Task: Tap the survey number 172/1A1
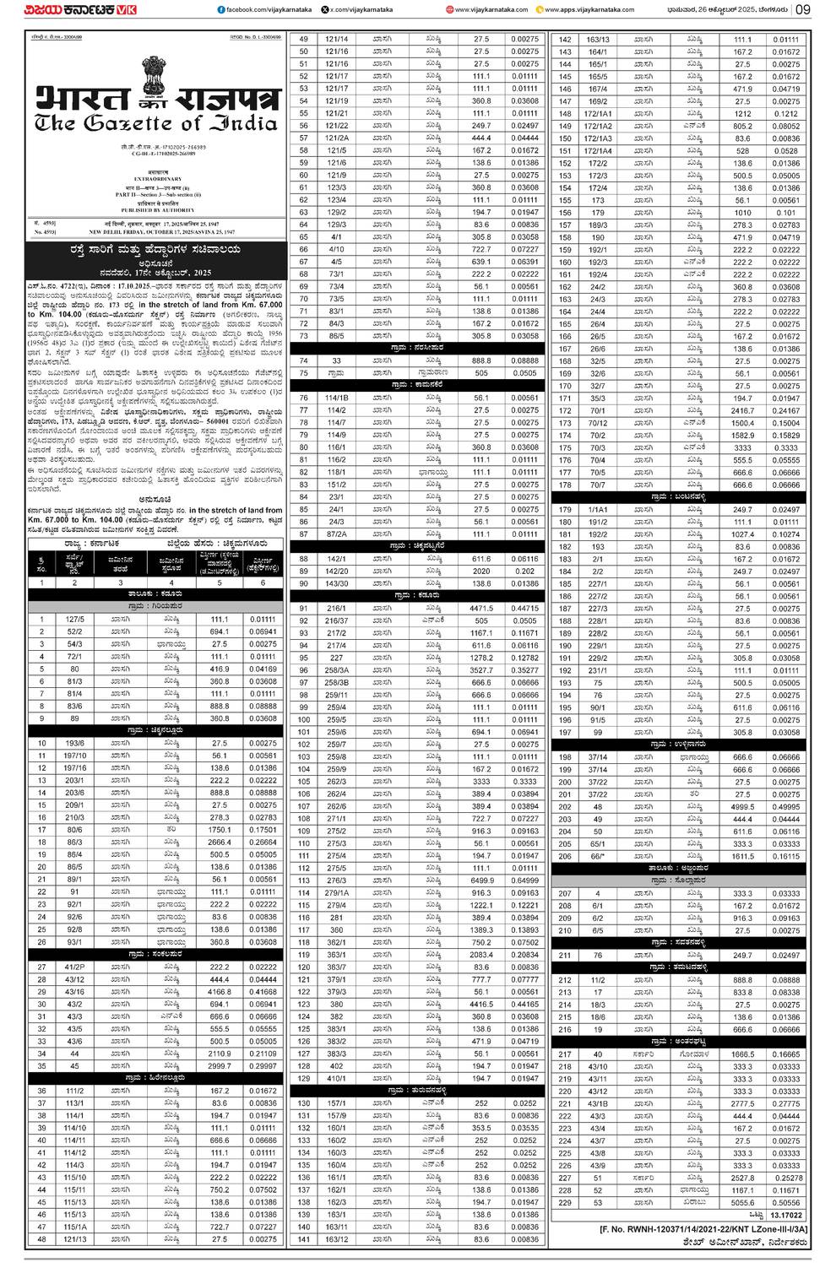598,114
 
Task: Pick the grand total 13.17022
785,1215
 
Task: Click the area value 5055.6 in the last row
742,1202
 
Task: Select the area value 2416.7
742,410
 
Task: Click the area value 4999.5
742,806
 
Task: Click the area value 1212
742,114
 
